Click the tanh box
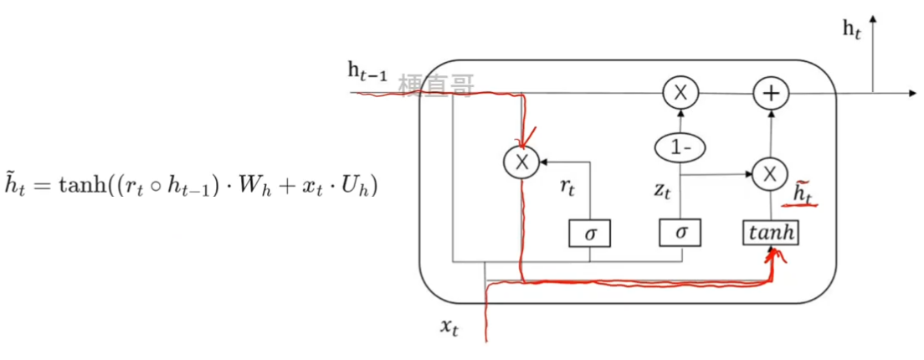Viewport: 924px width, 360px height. (x=771, y=232)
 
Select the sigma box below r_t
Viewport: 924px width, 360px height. (x=590, y=232)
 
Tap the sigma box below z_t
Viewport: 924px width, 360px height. (x=680, y=232)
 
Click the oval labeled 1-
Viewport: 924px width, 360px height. (x=680, y=147)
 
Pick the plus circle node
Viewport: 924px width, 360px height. (x=770, y=94)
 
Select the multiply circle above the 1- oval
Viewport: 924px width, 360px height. (x=680, y=94)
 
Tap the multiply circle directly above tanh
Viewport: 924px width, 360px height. (x=767, y=174)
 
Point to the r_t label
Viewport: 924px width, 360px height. (x=567, y=187)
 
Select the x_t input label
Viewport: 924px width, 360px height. (x=449, y=327)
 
